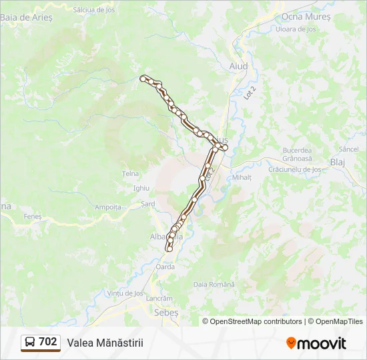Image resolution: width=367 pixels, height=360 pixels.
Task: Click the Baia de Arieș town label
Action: coord(26,16)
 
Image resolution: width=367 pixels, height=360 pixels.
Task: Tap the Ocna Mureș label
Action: coord(306,16)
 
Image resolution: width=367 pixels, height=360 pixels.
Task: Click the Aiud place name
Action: coord(238,67)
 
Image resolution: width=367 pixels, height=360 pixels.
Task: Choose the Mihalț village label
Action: coord(242,177)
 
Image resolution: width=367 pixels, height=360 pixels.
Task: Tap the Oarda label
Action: coord(165,267)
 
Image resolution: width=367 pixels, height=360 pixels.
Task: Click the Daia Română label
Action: coord(214,284)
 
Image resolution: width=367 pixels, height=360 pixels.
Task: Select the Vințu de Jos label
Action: coord(125,293)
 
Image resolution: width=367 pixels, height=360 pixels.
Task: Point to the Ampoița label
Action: coord(108,207)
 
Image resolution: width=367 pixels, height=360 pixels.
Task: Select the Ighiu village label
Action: coord(141,189)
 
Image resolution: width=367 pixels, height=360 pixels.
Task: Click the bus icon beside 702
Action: coord(31,342)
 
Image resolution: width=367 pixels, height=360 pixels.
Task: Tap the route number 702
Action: coord(48,342)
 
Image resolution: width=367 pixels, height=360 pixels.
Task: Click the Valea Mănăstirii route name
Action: coord(105,343)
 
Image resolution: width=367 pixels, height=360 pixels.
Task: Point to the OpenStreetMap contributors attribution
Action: coord(253,321)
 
